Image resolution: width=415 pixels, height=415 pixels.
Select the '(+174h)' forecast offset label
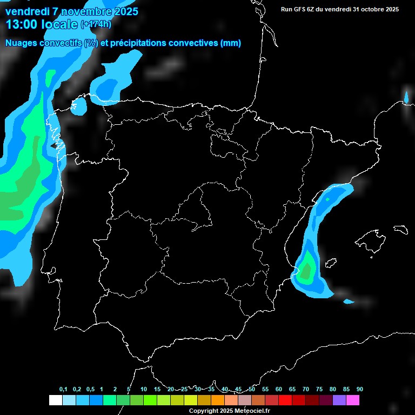point(96,24)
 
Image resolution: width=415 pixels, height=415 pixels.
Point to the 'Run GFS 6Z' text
point(300,9)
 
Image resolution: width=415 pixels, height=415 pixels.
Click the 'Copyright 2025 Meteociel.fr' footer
point(229,411)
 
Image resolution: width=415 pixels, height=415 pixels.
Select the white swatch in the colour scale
point(55,400)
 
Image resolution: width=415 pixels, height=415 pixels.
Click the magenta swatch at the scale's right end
point(352,400)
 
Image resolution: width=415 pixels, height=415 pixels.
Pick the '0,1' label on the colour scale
point(63,390)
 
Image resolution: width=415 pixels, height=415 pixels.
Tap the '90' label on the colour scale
point(359,390)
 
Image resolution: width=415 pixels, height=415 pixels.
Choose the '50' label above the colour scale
point(251,390)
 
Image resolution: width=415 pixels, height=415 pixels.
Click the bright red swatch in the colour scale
point(285,400)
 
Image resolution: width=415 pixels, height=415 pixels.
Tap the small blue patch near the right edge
point(406,97)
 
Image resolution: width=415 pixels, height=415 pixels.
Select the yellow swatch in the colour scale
point(190,400)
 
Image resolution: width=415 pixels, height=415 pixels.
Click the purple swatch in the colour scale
point(339,400)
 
